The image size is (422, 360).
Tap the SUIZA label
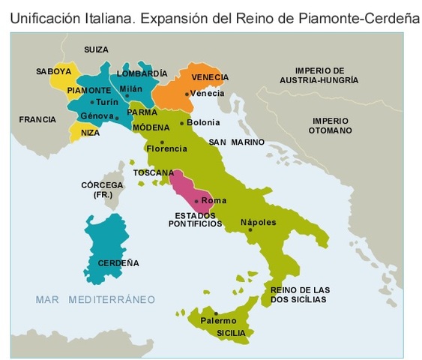(x=96, y=49)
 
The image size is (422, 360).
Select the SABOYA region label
(x=53, y=72)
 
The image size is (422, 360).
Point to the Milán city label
(x=130, y=88)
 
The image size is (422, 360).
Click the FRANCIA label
(x=37, y=119)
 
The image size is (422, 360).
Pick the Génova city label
(x=95, y=116)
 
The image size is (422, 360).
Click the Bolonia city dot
(x=181, y=123)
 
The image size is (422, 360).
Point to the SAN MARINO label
(x=236, y=142)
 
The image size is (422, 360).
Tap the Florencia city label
(x=166, y=148)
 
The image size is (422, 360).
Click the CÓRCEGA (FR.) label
(x=97, y=189)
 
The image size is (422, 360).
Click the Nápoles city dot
(x=250, y=230)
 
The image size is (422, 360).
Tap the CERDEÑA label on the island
(x=118, y=263)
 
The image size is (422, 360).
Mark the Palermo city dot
(x=216, y=313)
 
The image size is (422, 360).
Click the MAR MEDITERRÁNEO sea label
(x=95, y=299)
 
